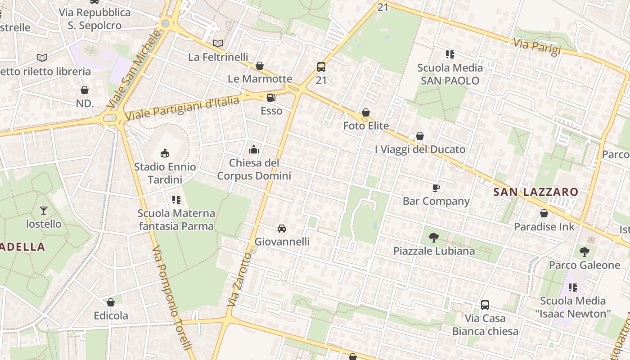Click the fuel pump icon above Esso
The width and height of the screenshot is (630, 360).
click(271, 98)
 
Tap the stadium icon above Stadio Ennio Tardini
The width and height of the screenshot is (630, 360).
click(165, 153)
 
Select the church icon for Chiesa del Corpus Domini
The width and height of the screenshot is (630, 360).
click(254, 149)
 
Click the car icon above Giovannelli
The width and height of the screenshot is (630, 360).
click(282, 229)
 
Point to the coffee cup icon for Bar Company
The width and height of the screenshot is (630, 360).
click(436, 188)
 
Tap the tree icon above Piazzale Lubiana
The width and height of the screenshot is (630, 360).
click(434, 237)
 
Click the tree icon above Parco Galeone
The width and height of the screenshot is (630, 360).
click(584, 252)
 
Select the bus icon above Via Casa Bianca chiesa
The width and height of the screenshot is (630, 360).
click(485, 305)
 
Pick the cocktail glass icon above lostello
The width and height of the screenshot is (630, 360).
click(43, 210)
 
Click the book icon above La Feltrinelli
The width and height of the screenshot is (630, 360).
click(218, 44)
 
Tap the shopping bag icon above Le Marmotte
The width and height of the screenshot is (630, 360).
click(260, 66)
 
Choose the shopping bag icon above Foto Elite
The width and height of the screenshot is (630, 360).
click(366, 112)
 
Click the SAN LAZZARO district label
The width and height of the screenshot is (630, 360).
click(535, 192)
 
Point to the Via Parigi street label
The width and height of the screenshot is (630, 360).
click(538, 46)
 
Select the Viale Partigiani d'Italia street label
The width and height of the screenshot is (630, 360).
click(182, 108)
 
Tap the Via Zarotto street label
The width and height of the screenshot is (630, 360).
click(239, 280)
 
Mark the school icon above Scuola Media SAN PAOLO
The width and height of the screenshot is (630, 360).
click(450, 54)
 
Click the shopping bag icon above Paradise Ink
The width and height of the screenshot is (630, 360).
click(544, 213)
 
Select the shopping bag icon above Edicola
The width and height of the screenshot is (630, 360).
click(111, 302)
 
